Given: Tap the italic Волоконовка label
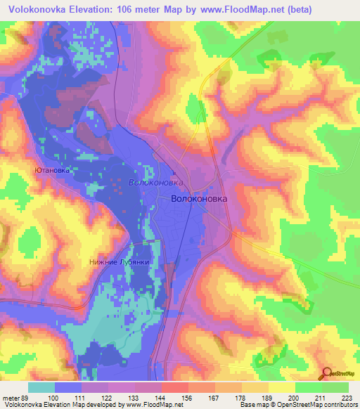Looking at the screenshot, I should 157,182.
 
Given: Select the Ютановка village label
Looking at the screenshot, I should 53,169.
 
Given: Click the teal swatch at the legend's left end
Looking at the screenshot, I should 41,387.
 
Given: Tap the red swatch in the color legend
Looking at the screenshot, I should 175,387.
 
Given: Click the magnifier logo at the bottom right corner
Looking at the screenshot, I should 327,373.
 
